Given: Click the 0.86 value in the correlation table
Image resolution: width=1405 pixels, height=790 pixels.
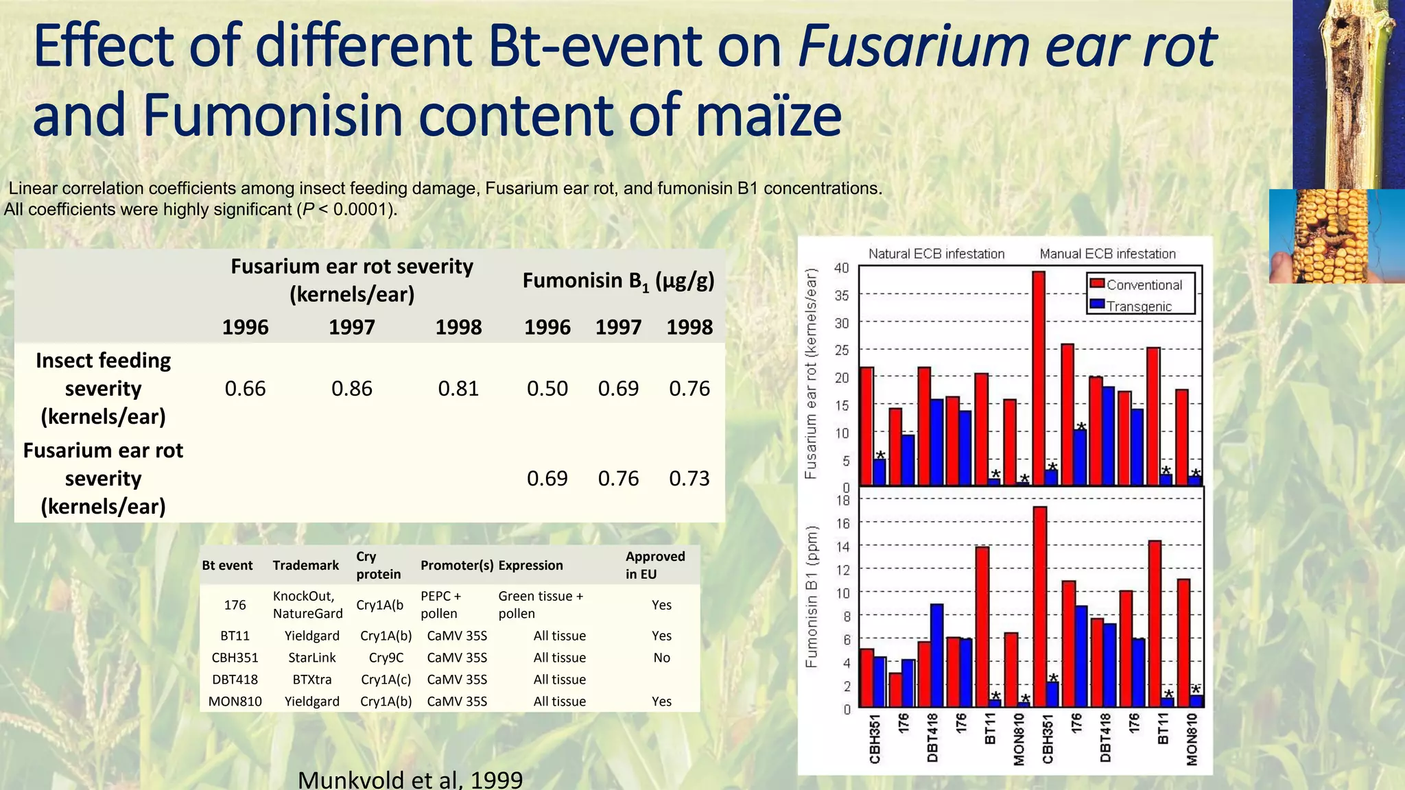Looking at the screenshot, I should [x=351, y=389].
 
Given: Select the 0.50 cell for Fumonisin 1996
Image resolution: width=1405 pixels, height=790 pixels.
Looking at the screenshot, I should [x=547, y=389].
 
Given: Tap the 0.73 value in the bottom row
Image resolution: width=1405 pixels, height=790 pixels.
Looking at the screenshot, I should [x=689, y=479].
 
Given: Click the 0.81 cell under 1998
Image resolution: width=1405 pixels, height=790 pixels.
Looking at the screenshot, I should [x=458, y=389].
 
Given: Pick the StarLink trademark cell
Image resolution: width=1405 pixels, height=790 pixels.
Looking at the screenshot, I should [x=311, y=658].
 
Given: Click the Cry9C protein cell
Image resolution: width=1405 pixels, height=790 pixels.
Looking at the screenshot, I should [x=386, y=658].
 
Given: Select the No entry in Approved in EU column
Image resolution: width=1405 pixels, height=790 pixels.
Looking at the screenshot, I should [x=661, y=658].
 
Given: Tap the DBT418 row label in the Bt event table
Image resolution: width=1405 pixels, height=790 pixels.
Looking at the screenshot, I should [x=235, y=680].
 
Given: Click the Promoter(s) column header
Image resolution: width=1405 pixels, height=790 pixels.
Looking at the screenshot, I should [x=457, y=565].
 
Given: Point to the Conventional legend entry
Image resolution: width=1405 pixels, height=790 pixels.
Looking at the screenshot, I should [x=1144, y=285].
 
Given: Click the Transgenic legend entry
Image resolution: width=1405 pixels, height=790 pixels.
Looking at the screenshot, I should [x=1138, y=306].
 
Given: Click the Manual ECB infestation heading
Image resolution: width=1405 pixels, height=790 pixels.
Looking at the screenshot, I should [x=1107, y=254].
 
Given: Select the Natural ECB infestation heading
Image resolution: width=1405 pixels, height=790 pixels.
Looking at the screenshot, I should [x=936, y=254].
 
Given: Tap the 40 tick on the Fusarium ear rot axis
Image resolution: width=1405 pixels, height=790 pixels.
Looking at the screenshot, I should [x=841, y=267].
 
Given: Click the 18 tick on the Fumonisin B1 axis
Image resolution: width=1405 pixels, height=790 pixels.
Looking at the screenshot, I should [x=842, y=500].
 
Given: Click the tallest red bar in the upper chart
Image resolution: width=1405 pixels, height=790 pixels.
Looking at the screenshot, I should [x=1039, y=377].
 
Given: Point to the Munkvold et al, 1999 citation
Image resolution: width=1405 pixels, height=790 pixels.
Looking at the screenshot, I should [x=410, y=780].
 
